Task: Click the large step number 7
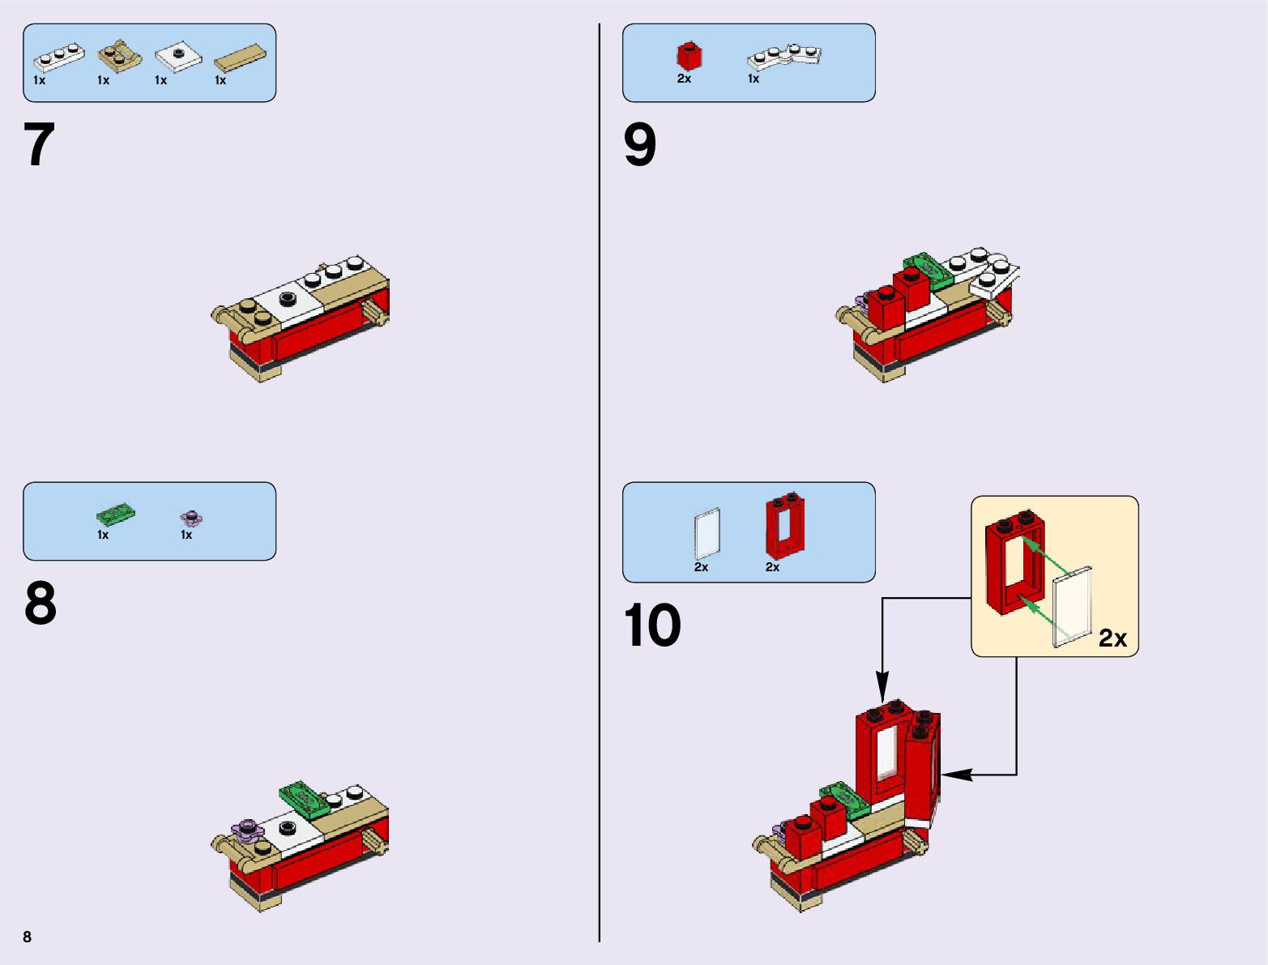(40, 145)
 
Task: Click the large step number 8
(41, 604)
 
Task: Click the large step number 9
(639, 146)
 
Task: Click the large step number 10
(652, 626)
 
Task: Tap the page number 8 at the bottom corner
(28, 937)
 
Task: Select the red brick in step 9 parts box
(689, 56)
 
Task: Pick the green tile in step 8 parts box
(115, 515)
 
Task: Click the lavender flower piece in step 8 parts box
(191, 517)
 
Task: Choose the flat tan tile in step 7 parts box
(240, 59)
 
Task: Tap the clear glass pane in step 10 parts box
(707, 533)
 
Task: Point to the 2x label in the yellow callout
(1112, 638)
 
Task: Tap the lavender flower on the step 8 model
(248, 829)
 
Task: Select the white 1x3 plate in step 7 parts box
(58, 58)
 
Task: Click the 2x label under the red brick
(684, 79)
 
